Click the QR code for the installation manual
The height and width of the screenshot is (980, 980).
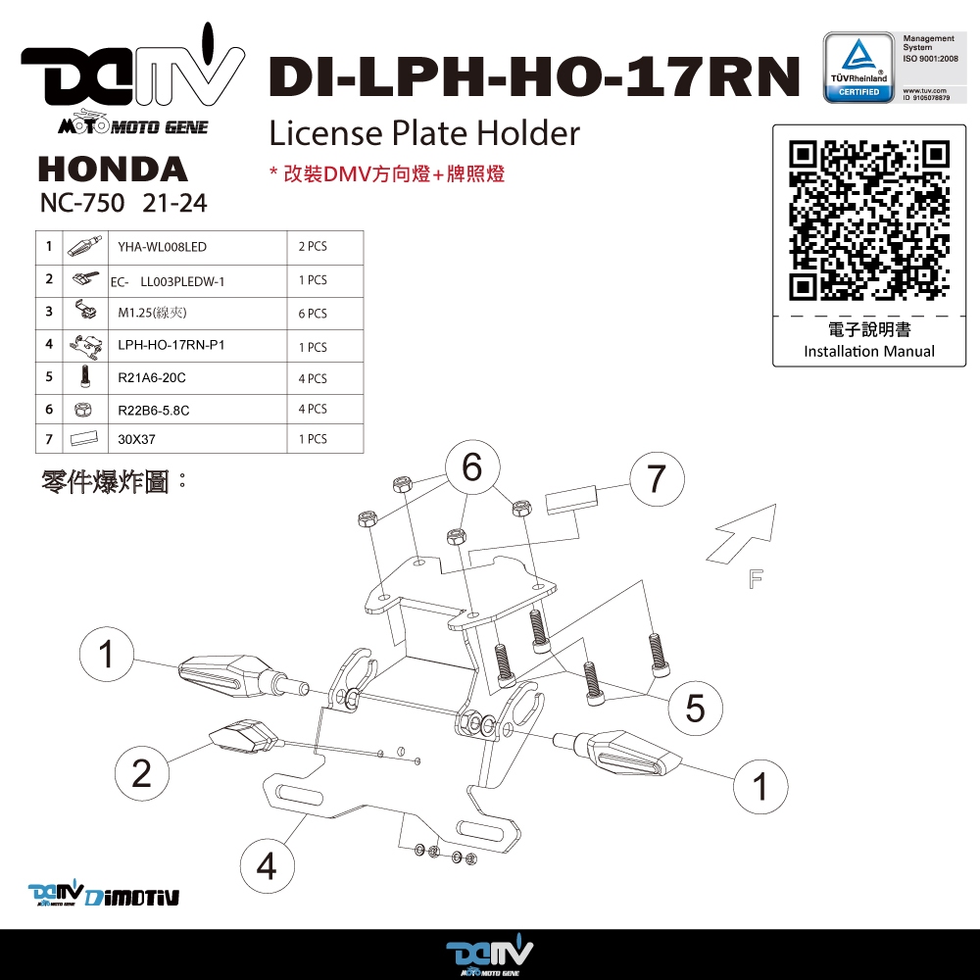(869, 220)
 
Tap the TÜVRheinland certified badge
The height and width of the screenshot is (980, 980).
(858, 68)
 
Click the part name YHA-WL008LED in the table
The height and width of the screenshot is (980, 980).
(162, 247)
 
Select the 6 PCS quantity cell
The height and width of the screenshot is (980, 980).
(313, 314)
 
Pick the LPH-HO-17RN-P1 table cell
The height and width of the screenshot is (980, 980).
(171, 345)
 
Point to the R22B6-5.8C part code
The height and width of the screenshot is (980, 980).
(154, 410)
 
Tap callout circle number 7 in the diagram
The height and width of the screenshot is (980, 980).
(657, 479)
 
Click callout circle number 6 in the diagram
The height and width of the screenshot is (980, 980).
(472, 467)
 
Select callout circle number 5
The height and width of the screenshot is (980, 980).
(695, 709)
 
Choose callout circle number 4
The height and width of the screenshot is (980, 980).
(267, 866)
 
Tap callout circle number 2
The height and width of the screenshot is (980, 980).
(142, 773)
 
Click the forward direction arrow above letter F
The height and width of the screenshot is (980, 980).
(743, 533)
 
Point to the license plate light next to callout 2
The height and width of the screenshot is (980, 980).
(244, 736)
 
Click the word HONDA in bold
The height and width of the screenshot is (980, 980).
(113, 170)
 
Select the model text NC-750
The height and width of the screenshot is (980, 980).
(82, 203)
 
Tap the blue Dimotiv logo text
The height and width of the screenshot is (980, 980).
(132, 897)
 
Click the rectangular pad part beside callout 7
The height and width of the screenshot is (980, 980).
(571, 500)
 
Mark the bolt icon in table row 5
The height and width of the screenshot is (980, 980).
(85, 377)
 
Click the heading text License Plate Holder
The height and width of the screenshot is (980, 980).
(424, 133)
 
